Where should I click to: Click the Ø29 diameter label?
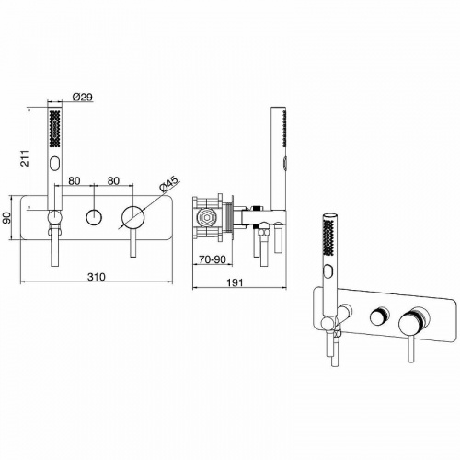83,97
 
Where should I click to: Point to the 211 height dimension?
24,158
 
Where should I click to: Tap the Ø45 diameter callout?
168,185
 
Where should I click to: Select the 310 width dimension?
97,277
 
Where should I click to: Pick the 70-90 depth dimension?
213,259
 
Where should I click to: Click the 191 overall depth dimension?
235,282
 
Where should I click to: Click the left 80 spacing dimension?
74,180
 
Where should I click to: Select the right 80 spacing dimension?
113,180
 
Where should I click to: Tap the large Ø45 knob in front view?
133,217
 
